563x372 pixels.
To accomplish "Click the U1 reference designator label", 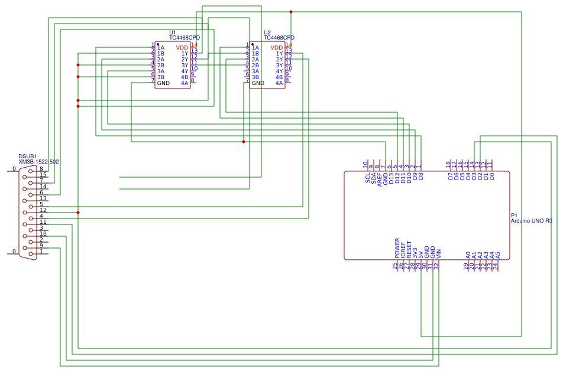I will (x=172, y=32).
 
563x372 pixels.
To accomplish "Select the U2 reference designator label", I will (x=267, y=32).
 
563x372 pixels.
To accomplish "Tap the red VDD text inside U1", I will (x=182, y=48).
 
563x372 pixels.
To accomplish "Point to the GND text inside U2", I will (x=258, y=83).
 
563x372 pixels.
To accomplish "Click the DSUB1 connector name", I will (x=28, y=156).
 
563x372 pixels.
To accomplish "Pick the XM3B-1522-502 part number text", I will (x=38, y=162).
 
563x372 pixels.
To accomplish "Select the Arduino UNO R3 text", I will (x=531, y=221).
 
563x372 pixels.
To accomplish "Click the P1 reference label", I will (x=514, y=215).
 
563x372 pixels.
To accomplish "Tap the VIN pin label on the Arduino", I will (x=439, y=254).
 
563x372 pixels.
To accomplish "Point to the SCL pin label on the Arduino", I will (x=367, y=177).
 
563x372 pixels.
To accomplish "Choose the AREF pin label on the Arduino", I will (x=379, y=180).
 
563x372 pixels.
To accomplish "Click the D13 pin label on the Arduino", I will (x=391, y=178).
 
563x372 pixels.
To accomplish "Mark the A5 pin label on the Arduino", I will (x=498, y=255).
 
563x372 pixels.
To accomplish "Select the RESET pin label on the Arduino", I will (x=409, y=250).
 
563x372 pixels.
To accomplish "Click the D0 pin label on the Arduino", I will (x=492, y=176).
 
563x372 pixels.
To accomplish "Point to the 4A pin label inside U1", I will (x=185, y=83).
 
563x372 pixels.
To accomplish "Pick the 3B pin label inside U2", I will (x=255, y=77).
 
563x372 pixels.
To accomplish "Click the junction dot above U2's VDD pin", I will (x=291, y=12).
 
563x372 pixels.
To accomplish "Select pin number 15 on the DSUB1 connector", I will (x=43, y=175).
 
